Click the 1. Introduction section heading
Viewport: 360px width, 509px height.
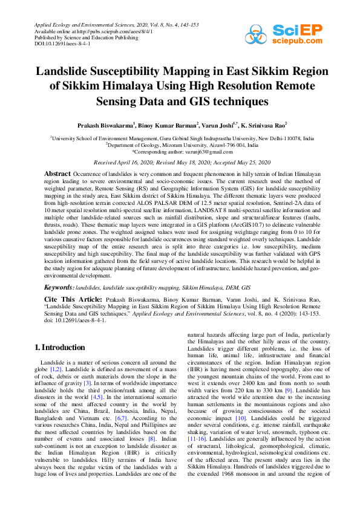click(x=60, y=347)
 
